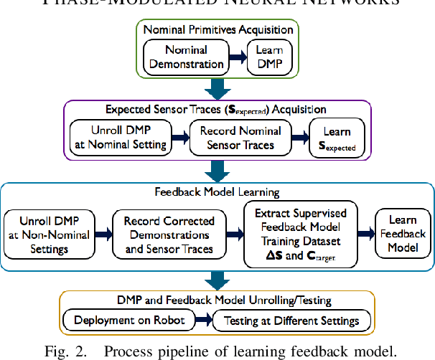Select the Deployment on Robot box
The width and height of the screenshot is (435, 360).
tap(130, 320)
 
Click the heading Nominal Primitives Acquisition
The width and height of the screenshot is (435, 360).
tap(218, 30)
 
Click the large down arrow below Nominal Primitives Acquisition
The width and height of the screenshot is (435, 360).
tap(217, 89)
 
